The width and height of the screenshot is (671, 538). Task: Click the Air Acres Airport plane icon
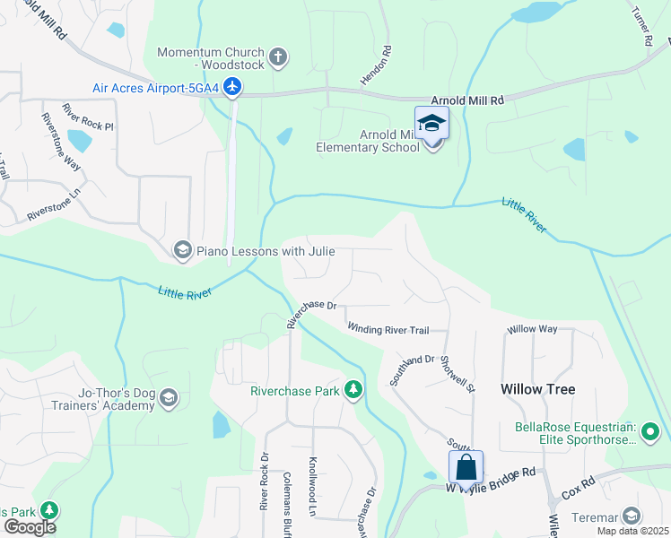[233, 87]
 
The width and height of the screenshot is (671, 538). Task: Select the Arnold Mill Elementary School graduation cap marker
[431, 123]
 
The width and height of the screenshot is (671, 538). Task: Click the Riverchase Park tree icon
[354, 390]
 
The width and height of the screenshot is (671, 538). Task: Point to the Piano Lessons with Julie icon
[183, 249]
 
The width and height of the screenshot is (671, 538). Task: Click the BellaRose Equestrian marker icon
[651, 437]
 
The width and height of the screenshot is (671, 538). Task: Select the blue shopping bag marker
[466, 467]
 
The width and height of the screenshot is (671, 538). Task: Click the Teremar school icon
[632, 516]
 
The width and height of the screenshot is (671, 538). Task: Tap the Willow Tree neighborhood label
[538, 389]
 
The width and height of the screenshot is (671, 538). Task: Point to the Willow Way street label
[532, 329]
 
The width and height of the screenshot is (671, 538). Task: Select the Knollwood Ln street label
[313, 483]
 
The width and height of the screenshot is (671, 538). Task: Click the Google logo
[30, 527]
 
